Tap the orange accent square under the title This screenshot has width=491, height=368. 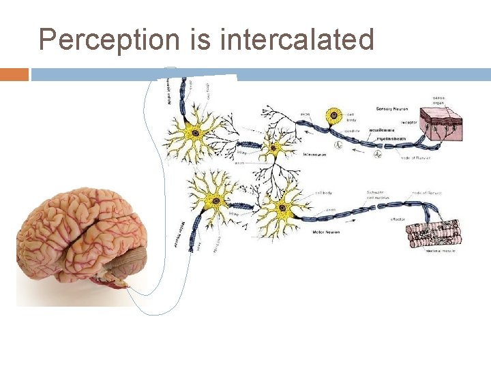click(x=14, y=74)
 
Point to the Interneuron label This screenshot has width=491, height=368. click(x=314, y=155)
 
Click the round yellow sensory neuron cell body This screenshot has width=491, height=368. click(x=334, y=117)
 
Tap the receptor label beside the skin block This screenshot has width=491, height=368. click(x=409, y=122)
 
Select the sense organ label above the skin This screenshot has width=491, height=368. click(x=438, y=100)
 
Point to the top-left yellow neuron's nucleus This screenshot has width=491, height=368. click(x=196, y=134)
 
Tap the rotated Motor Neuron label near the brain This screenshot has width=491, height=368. click(x=182, y=236)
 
